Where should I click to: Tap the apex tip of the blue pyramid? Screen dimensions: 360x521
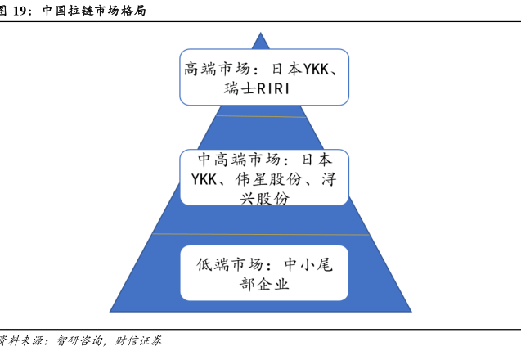(260, 33)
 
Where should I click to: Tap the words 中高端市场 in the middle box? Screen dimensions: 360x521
(240, 159)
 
